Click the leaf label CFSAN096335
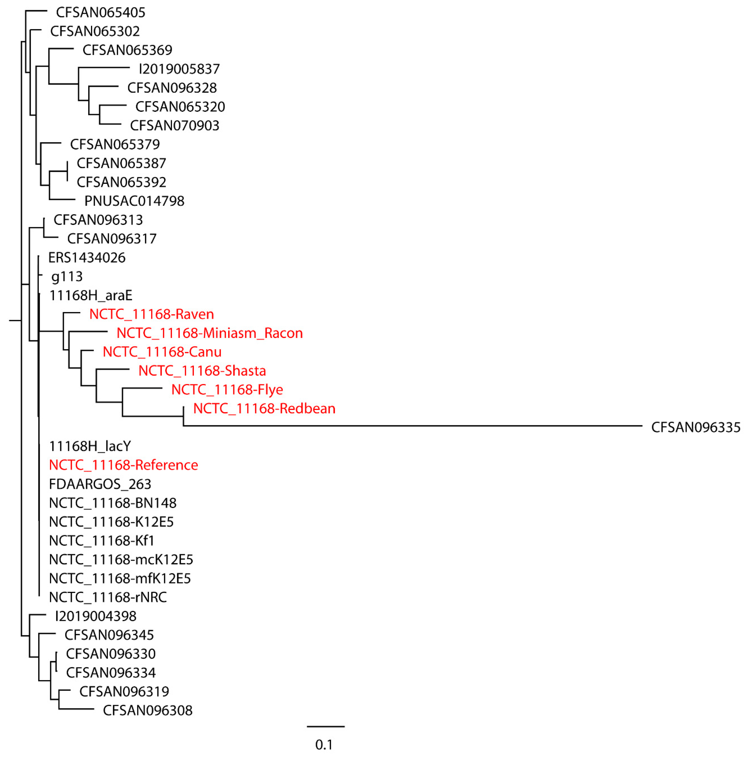(695, 427)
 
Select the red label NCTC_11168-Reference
(123, 465)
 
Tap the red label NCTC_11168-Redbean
(264, 408)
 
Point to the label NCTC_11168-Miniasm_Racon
(209, 333)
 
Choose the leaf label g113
(67, 277)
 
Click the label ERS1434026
(87, 258)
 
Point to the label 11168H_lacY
(90, 446)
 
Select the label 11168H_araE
(91, 295)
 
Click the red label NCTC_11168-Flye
(227, 390)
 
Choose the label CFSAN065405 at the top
(100, 13)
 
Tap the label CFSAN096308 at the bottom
(148, 710)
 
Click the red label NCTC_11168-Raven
(151, 314)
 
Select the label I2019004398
(96, 616)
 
